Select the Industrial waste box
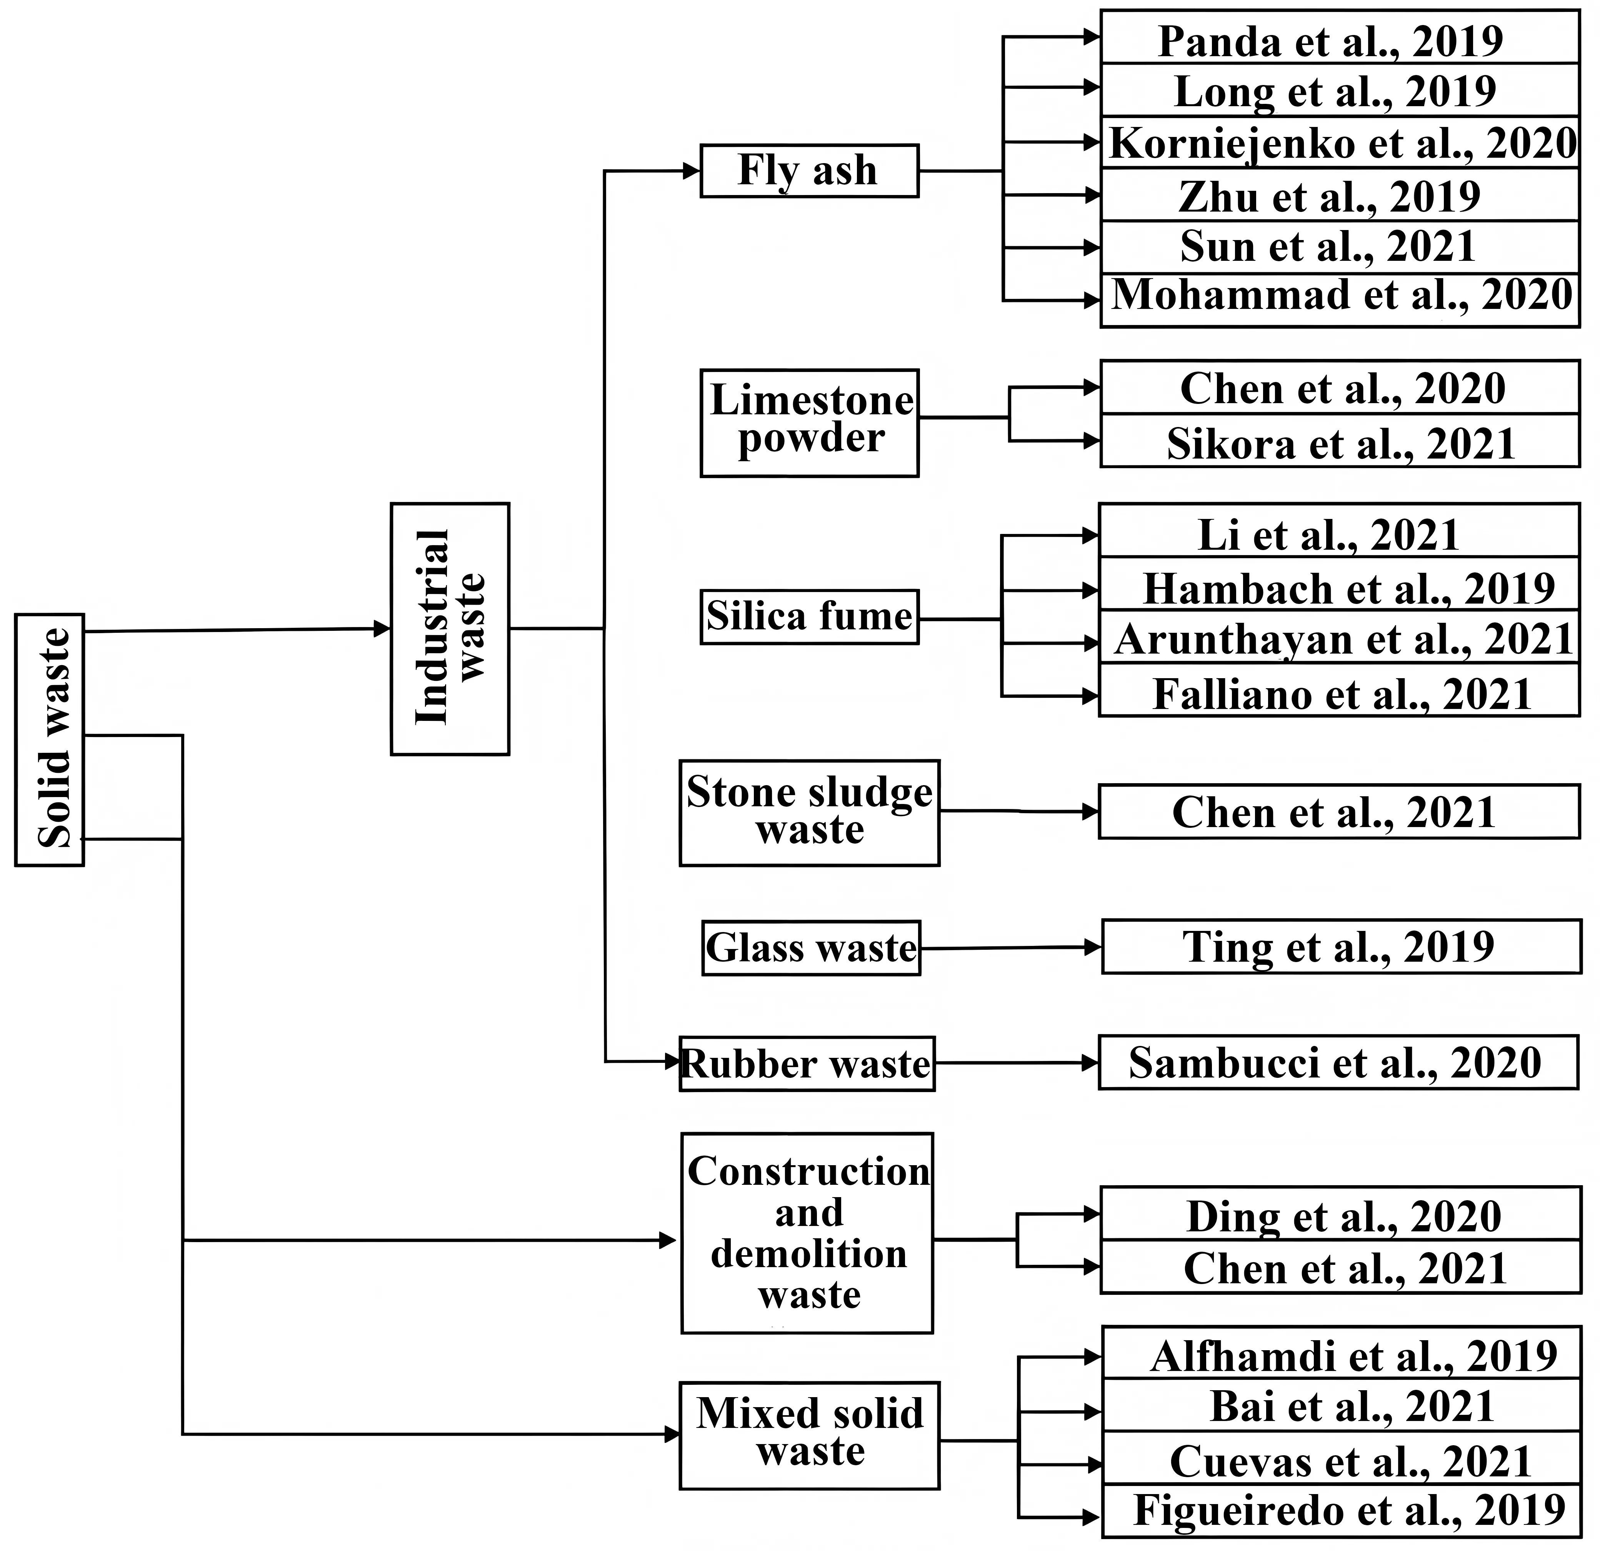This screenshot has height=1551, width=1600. click(450, 629)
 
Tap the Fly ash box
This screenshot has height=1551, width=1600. click(809, 171)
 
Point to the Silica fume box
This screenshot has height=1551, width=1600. click(809, 617)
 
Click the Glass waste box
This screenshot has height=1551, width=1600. click(811, 948)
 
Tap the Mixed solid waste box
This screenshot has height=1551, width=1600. click(809, 1435)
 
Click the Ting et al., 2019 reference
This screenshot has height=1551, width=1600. click(1340, 947)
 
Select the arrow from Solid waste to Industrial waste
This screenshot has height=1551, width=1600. click(237, 629)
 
